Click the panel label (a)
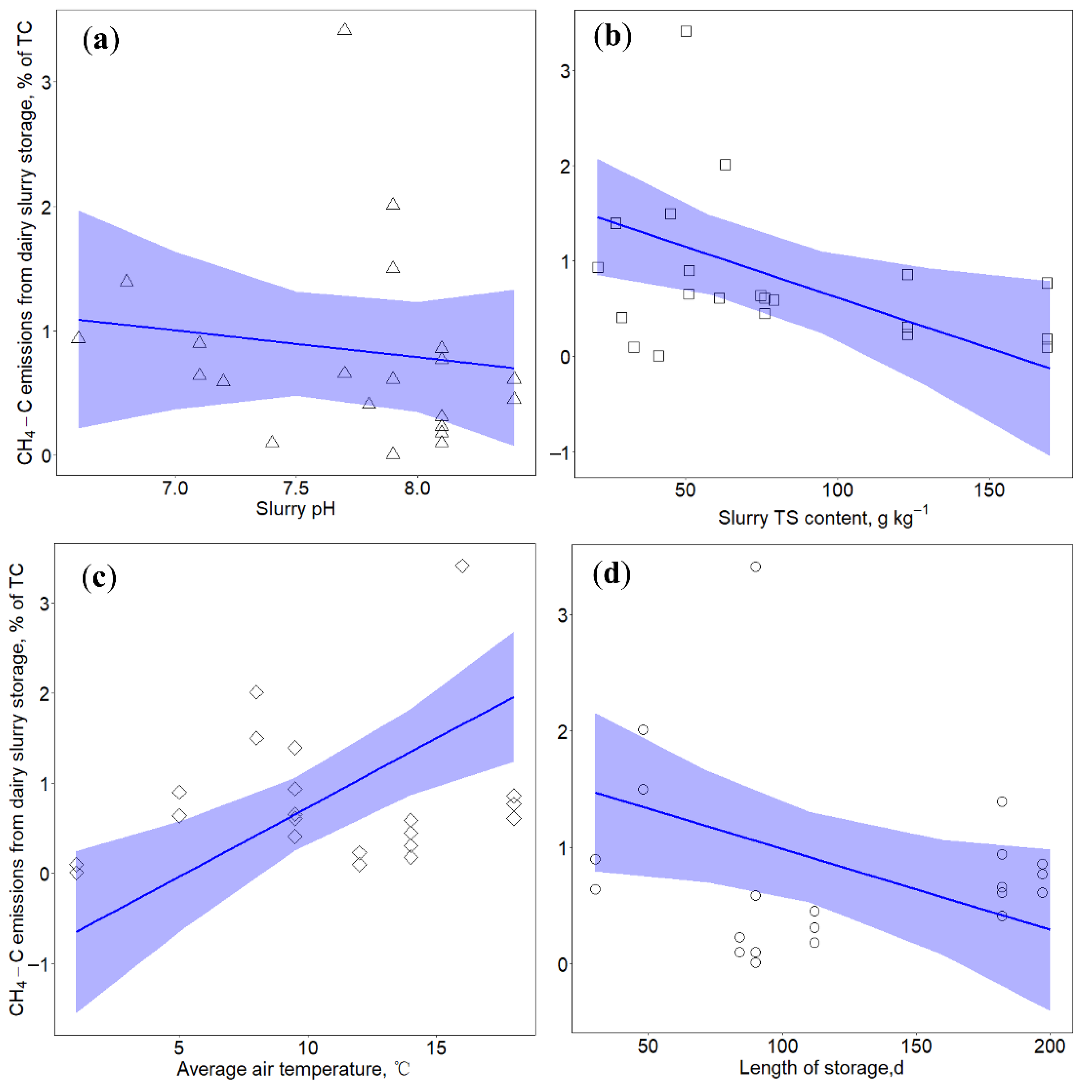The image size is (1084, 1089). tap(101, 40)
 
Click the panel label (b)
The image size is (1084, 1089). tap(612, 36)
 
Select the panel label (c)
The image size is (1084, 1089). tap(99, 577)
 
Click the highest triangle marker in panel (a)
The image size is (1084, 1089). tap(344, 29)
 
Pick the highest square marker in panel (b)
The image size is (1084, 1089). tap(686, 31)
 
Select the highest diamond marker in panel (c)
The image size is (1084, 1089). tap(462, 566)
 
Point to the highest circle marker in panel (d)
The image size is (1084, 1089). tap(755, 566)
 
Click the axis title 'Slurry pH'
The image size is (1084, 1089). tap(296, 509)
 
